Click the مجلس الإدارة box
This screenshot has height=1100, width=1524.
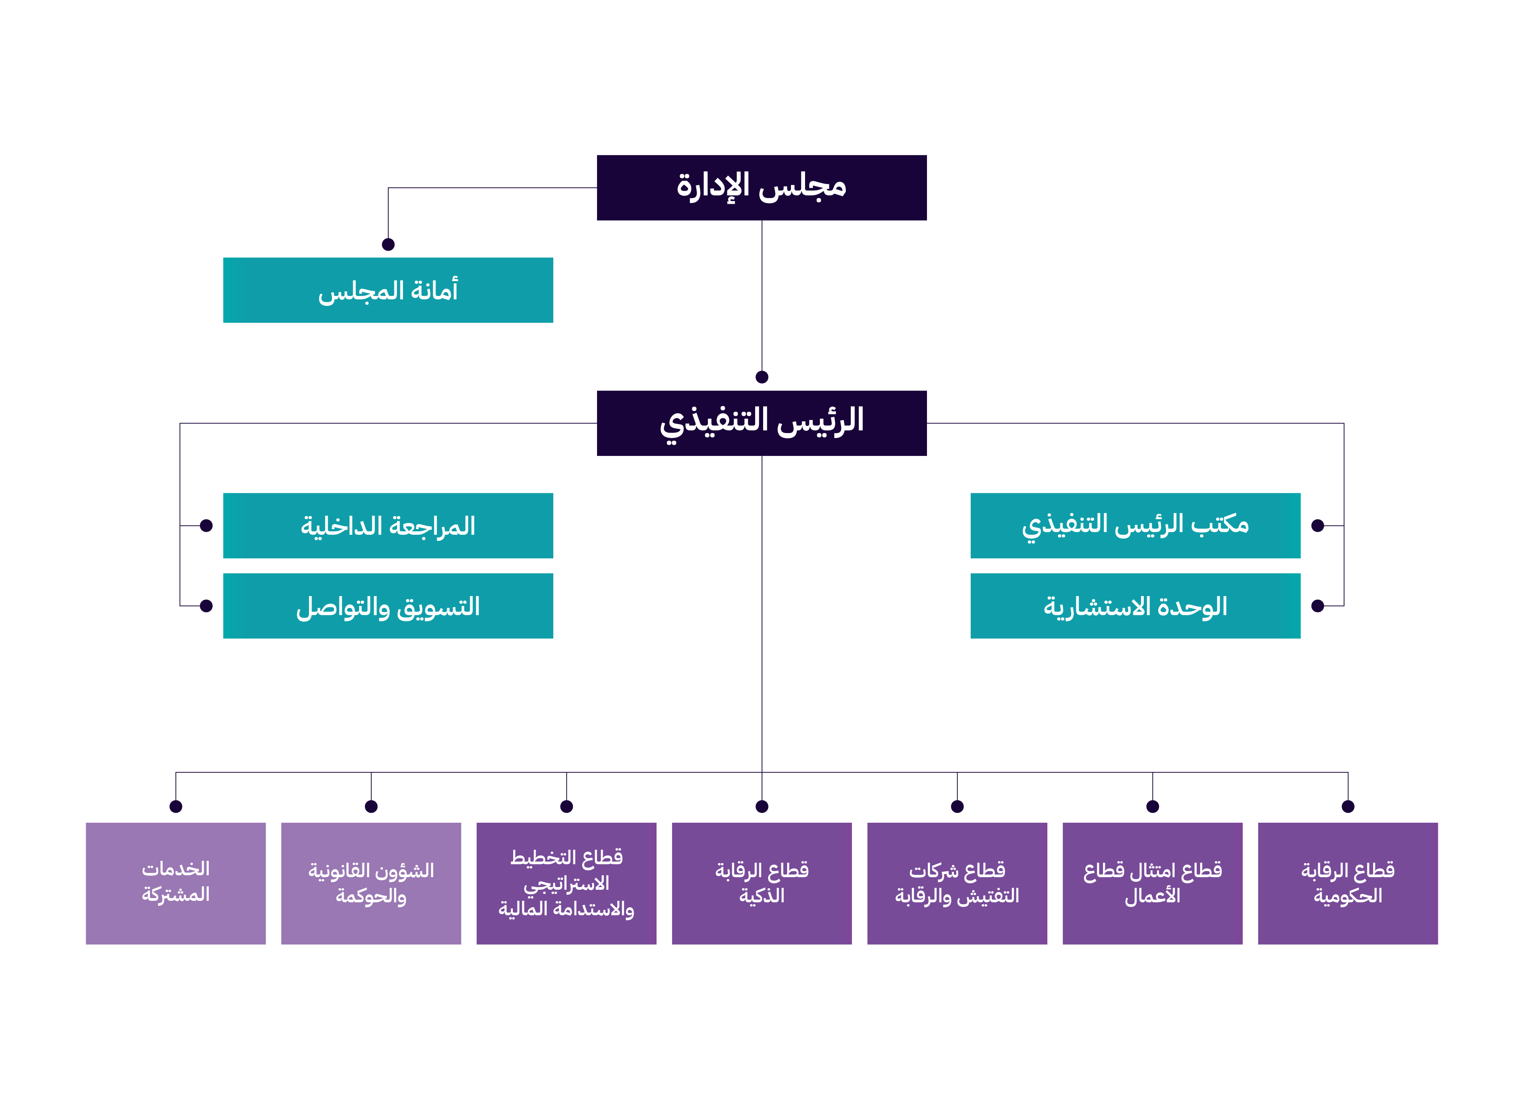click(761, 187)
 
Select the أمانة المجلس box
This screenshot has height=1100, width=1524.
click(388, 290)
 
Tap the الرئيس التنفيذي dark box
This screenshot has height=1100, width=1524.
click(761, 423)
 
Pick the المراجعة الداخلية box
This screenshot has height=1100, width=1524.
click(388, 526)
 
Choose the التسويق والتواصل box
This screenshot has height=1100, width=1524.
click(388, 606)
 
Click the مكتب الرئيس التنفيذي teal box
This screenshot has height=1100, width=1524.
click(1135, 526)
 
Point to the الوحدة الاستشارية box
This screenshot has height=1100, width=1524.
click(1135, 606)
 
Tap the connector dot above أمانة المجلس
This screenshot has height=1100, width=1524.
click(388, 245)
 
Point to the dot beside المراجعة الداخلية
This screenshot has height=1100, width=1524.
click(206, 526)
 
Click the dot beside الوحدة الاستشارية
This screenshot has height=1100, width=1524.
click(1318, 606)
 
